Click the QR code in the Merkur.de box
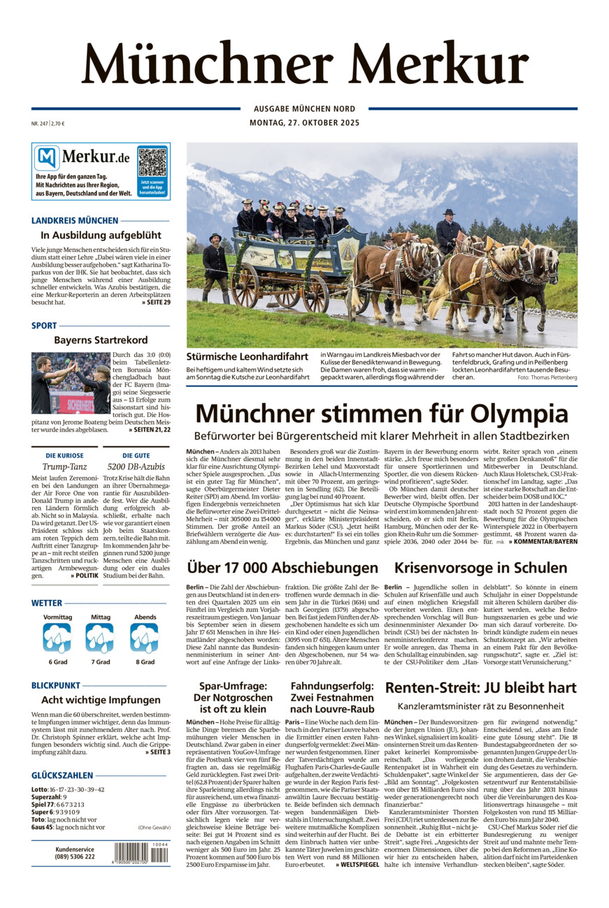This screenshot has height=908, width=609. pyautogui.click(x=152, y=162)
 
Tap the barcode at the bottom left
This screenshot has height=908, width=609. pyautogui.click(x=142, y=854)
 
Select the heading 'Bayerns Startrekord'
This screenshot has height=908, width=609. pyautogui.click(x=101, y=340)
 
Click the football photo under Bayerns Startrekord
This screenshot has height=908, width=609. pyautogui.click(x=70, y=383)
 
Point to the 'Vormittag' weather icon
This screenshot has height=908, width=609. pyautogui.click(x=57, y=638)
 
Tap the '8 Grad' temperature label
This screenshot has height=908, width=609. pyautogui.click(x=145, y=662)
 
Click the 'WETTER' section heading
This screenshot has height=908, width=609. pyautogui.click(x=47, y=603)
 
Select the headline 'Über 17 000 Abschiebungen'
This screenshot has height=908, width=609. pyautogui.click(x=282, y=567)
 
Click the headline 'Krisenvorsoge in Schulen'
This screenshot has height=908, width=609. pyautogui.click(x=480, y=567)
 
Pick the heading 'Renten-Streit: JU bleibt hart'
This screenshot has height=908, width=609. pyautogui.click(x=480, y=687)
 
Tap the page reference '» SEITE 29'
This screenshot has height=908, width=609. pyautogui.click(x=155, y=302)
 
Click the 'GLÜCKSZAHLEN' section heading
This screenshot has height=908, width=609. pyautogui.click(x=62, y=775)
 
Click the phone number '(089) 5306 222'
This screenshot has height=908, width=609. pyautogui.click(x=75, y=857)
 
